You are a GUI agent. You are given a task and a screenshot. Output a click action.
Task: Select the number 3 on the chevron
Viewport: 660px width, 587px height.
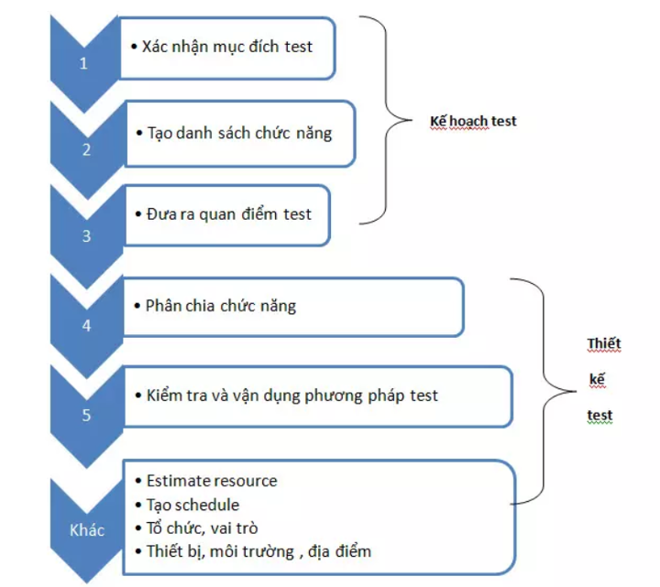coord(85,235)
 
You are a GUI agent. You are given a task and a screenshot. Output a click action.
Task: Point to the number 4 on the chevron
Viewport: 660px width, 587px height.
coord(85,325)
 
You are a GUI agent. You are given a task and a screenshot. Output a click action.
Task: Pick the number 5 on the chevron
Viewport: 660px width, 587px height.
coord(85,415)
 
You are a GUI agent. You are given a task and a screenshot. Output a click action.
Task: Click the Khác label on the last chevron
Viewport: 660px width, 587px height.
coord(88,530)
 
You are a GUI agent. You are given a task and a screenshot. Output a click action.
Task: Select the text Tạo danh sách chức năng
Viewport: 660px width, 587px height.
coord(239,133)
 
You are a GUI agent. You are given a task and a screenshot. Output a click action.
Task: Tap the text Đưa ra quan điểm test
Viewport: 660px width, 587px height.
coord(228,214)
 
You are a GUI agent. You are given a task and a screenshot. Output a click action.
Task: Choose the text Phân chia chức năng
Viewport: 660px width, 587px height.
coord(220,306)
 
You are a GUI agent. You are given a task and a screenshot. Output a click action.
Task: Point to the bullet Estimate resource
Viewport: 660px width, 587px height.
coord(211,481)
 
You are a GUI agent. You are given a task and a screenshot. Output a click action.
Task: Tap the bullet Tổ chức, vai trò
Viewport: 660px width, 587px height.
coord(202,528)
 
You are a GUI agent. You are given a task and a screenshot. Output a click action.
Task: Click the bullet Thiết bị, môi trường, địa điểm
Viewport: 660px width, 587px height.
coord(258,551)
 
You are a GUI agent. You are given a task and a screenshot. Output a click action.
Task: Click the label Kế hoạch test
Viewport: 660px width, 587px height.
coord(473,120)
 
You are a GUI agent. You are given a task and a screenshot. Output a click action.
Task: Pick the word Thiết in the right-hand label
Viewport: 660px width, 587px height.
coord(603,344)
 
